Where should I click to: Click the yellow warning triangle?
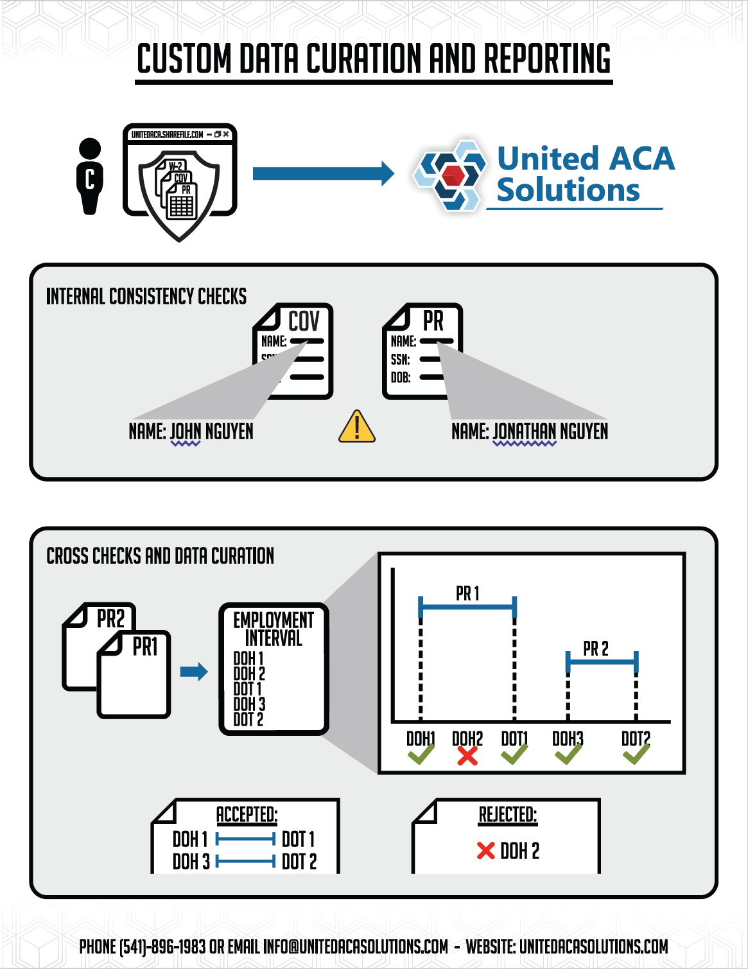click(357, 428)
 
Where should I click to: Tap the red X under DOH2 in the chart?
click(467, 756)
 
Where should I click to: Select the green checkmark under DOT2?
click(636, 754)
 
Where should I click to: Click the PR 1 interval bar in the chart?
click(467, 606)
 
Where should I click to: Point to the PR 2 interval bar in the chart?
click(602, 661)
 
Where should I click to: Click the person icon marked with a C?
click(90, 176)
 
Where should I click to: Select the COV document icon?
click(294, 350)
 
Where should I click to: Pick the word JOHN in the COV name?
click(186, 432)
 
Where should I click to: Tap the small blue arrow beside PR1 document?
click(194, 672)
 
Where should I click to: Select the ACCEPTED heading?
click(247, 814)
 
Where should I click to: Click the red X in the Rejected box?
click(486, 851)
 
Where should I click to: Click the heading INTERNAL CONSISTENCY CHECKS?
click(146, 296)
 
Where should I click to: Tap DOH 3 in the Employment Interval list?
click(249, 704)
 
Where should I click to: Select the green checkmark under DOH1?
click(421, 754)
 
